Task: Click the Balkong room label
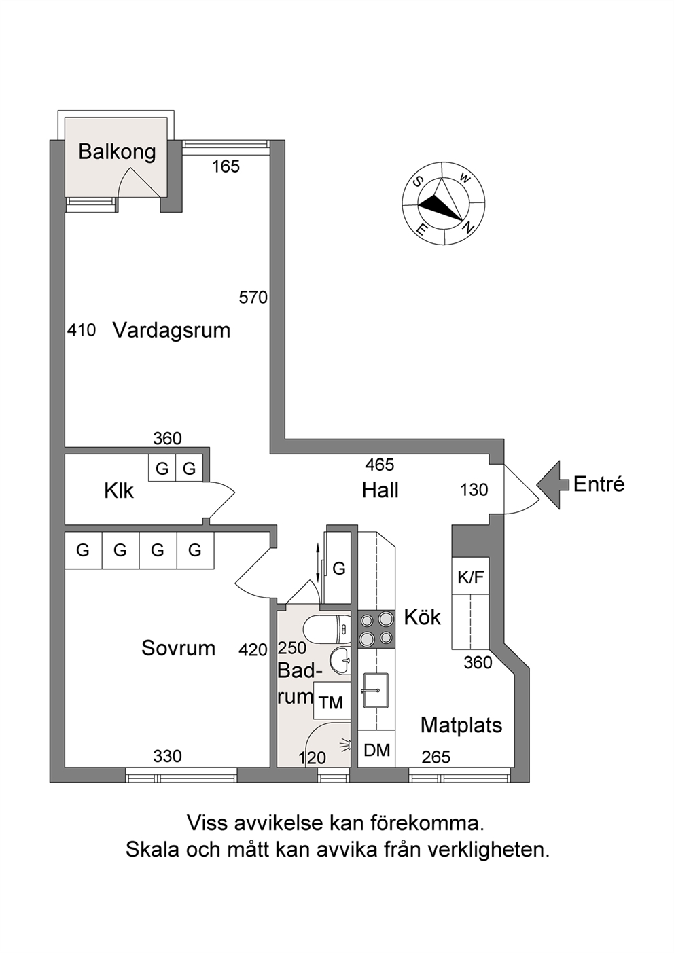pyautogui.click(x=117, y=152)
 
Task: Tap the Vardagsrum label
pyautogui.click(x=171, y=331)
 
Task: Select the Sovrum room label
pyautogui.click(x=178, y=648)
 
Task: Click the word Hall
pyautogui.click(x=380, y=490)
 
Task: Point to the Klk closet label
pyautogui.click(x=119, y=490)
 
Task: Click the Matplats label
pyautogui.click(x=461, y=725)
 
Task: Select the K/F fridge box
pyautogui.click(x=471, y=577)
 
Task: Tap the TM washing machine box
pyautogui.click(x=332, y=702)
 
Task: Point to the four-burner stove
pyautogui.click(x=376, y=629)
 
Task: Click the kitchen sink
pyautogui.click(x=375, y=691)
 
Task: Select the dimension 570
pyautogui.click(x=253, y=298)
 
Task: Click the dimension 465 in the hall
pyautogui.click(x=380, y=465)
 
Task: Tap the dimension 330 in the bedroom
pyautogui.click(x=167, y=756)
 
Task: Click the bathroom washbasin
pyautogui.click(x=340, y=661)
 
